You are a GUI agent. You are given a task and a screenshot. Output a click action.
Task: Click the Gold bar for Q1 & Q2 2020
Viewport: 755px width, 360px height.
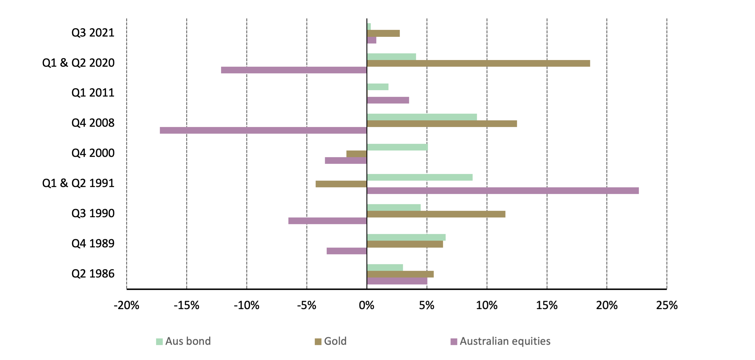(478, 63)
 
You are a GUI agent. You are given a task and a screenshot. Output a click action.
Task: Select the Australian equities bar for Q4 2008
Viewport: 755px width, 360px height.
(263, 130)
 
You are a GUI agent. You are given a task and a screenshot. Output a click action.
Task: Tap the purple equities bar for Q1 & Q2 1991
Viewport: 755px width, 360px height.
(503, 191)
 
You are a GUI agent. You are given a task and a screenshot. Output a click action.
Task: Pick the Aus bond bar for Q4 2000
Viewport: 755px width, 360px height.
(397, 147)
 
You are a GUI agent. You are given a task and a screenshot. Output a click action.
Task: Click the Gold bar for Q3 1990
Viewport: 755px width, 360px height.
(436, 214)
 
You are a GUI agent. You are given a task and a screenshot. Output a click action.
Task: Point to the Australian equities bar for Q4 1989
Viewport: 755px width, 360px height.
(347, 251)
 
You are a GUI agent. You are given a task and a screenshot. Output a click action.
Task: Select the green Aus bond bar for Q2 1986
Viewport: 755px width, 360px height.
(385, 268)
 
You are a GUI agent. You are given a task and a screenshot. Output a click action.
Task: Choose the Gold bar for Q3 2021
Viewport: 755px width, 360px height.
(383, 33)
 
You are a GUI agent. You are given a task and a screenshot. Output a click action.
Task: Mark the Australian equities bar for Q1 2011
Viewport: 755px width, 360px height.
(388, 100)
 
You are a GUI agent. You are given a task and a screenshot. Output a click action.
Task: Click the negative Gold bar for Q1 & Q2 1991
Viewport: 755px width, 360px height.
(341, 184)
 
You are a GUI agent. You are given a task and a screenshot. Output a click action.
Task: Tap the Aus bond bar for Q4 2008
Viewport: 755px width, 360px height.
(422, 117)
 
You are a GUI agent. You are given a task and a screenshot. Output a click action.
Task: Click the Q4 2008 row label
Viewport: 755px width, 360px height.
(93, 123)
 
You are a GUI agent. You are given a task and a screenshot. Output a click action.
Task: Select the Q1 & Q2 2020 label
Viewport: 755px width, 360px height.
(78, 63)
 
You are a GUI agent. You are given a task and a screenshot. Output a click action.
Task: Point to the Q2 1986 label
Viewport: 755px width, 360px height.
(93, 274)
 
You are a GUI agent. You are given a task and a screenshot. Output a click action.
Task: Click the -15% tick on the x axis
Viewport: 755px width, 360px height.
(187, 306)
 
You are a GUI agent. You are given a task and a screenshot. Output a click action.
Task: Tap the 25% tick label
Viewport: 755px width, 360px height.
(667, 306)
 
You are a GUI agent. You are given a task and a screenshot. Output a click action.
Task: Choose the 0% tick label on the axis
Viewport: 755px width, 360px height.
(367, 306)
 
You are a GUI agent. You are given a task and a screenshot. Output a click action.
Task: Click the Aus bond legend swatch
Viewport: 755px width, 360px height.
(159, 341)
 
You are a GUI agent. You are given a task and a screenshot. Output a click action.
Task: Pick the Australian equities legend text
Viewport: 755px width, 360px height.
(505, 341)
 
